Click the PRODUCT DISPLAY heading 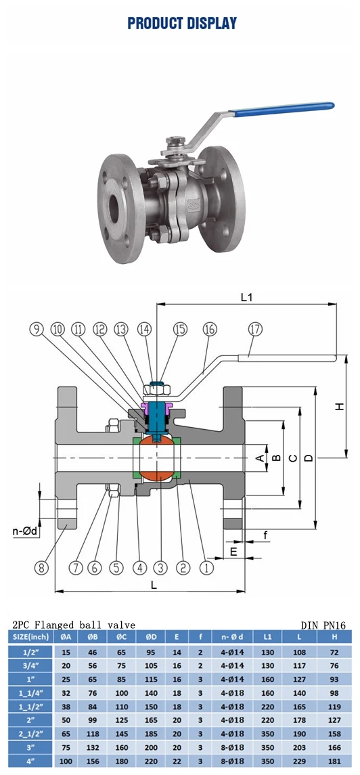click(x=182, y=23)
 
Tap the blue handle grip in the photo click(x=284, y=109)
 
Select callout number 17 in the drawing click(x=255, y=329)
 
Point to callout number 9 click(x=37, y=329)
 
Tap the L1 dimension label click(x=247, y=298)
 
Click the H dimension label click(x=339, y=406)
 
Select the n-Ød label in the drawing click(x=25, y=531)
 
